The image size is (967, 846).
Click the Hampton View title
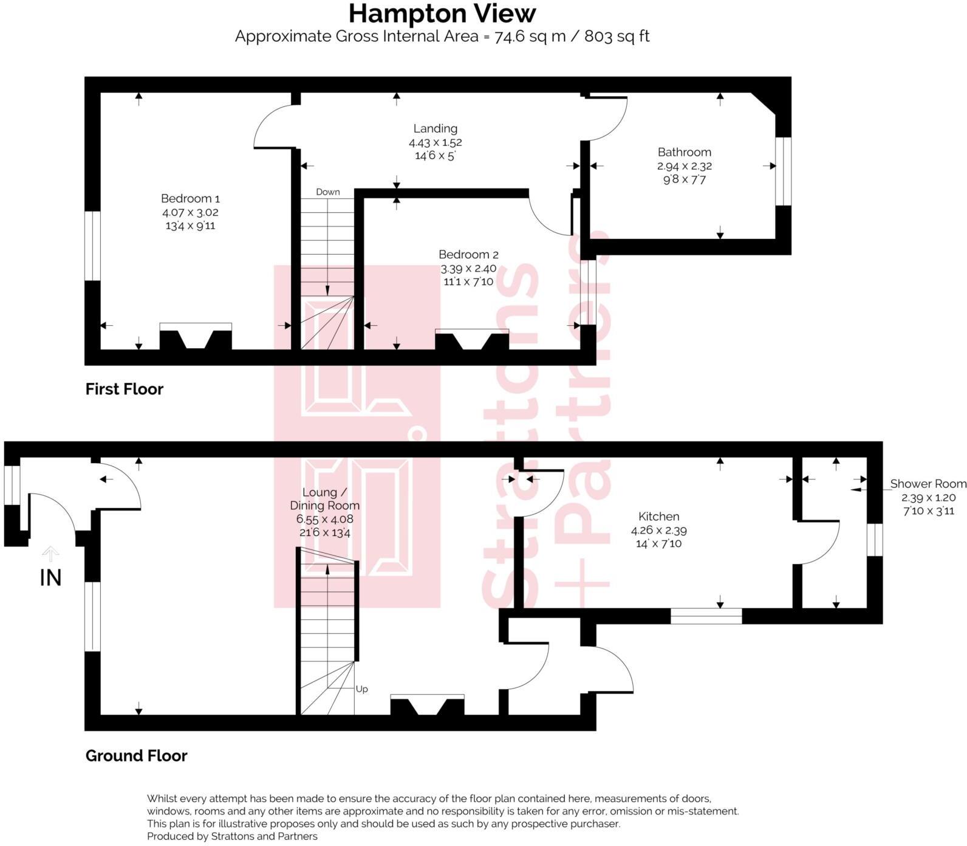(442, 13)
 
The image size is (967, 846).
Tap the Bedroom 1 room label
(190, 199)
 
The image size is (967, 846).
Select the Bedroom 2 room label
(468, 255)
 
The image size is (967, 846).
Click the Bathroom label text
(684, 152)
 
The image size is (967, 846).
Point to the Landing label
(435, 128)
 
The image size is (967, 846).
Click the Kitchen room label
(658, 517)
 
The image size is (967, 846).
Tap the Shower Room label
(928, 484)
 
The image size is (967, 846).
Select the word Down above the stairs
(328, 192)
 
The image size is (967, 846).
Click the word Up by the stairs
(361, 689)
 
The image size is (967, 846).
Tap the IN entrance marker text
(50, 578)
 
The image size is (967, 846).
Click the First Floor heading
(125, 389)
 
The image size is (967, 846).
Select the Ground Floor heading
(136, 755)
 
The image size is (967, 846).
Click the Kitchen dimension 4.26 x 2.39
(658, 530)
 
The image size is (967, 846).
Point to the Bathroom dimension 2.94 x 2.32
(684, 166)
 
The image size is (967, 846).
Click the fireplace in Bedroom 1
(196, 337)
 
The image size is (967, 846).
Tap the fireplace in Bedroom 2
(472, 340)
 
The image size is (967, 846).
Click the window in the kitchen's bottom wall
(706, 616)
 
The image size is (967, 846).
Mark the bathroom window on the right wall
(784, 171)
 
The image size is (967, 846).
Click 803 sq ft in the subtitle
(617, 36)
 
